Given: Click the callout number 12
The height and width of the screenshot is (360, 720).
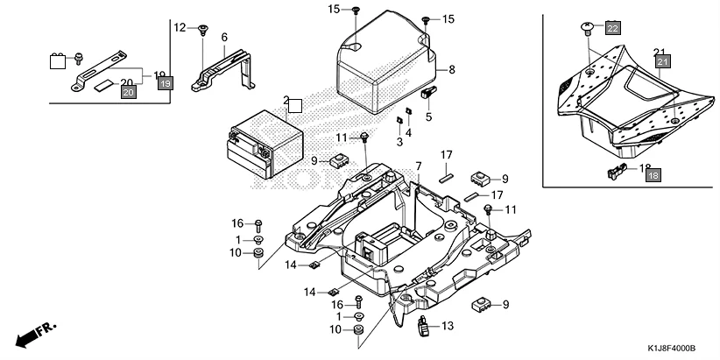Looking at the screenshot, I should coord(180,28).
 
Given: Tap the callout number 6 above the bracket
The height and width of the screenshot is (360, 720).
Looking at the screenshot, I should coord(224,37).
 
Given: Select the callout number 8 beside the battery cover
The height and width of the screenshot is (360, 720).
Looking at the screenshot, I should coord(452,69).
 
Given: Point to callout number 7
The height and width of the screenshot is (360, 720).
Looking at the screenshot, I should coord(419,166).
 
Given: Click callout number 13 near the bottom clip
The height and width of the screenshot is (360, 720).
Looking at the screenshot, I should coord(448,327).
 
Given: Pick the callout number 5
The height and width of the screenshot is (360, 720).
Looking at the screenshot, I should coord(429,116).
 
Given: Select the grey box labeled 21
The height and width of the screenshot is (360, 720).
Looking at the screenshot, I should coord(662,62).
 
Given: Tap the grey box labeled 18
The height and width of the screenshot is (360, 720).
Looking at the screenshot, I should coord(653,176).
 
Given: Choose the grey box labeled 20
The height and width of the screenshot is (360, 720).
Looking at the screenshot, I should coord(129,92).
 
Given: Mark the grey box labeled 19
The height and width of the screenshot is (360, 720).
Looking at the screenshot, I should coord(166,84).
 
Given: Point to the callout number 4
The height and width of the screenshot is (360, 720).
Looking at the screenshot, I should coord(408,132).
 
